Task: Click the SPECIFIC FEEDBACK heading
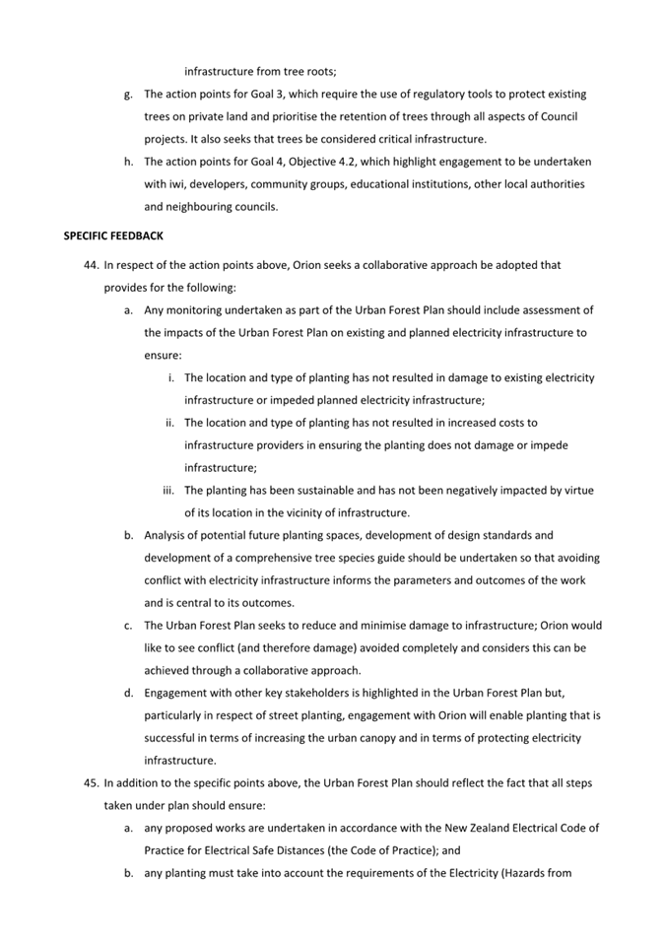pyautogui.click(x=113, y=236)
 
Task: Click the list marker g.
pyautogui.click(x=128, y=95)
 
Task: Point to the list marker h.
pyautogui.click(x=128, y=162)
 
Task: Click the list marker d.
pyautogui.click(x=128, y=693)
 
